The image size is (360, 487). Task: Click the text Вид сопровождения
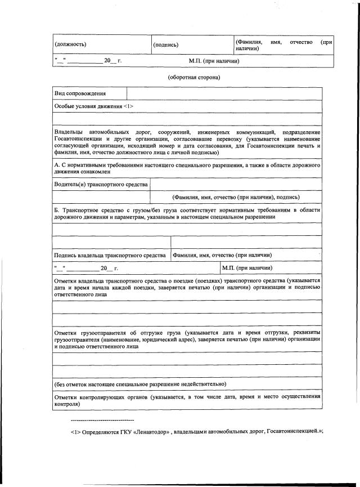point(80,93)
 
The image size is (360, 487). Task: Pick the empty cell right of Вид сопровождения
point(224,93)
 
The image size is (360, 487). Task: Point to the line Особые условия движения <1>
point(93,106)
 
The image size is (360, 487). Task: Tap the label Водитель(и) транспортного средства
point(101,185)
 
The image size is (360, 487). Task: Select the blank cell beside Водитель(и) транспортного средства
point(236,185)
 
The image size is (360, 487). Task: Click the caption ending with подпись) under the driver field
point(236,197)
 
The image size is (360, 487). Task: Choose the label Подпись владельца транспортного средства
point(111,256)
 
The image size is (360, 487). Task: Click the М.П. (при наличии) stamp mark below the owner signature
point(247,268)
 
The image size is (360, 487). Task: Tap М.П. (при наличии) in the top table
point(214,60)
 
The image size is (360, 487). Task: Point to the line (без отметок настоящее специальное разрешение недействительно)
point(141,383)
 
